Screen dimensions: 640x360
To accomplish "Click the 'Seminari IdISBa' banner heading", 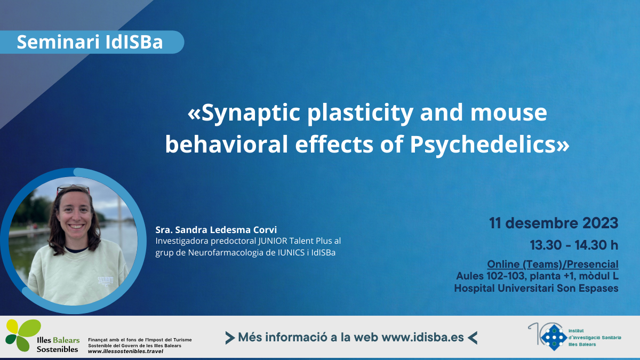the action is pyautogui.click(x=90, y=42).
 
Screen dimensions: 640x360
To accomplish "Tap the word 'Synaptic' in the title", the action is pyautogui.click(x=251, y=113).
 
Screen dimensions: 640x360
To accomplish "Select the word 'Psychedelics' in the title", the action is pyautogui.click(x=482, y=145).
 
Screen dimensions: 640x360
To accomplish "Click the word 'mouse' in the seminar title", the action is pyautogui.click(x=509, y=113).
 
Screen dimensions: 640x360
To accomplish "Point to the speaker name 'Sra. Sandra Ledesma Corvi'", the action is pyautogui.click(x=216, y=230).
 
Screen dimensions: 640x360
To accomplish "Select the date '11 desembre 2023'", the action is pyautogui.click(x=554, y=223).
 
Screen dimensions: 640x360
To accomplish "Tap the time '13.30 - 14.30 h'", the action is pyautogui.click(x=574, y=245).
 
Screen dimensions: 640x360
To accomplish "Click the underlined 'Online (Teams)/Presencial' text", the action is pyautogui.click(x=553, y=265).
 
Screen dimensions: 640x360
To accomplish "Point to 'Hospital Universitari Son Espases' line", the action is pyautogui.click(x=537, y=288).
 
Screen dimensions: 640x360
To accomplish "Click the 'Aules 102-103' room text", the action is pyautogui.click(x=490, y=276).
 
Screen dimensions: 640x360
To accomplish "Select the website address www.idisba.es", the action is pyautogui.click(x=422, y=338).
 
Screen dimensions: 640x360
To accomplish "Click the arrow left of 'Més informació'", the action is pyautogui.click(x=230, y=338).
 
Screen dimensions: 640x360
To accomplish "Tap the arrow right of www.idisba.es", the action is pyautogui.click(x=473, y=338).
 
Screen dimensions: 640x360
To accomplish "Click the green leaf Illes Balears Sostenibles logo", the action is pyautogui.click(x=23, y=335).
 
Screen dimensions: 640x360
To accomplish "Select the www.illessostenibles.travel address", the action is pyautogui.click(x=126, y=351).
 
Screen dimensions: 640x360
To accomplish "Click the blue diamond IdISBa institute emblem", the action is pyautogui.click(x=554, y=338).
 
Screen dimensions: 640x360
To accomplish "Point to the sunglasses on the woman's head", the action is pyautogui.click(x=73, y=189).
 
